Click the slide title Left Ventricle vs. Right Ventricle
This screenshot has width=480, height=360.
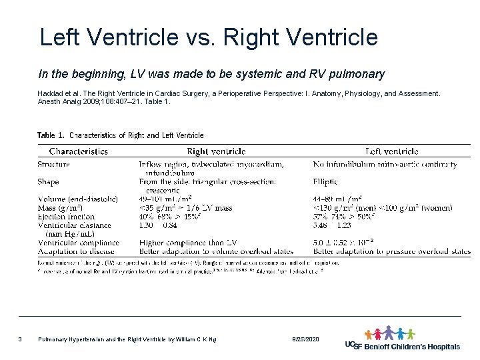[209, 37]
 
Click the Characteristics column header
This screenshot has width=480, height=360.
[78, 151]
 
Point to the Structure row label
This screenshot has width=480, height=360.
[53, 164]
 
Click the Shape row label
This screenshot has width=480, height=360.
[48, 181]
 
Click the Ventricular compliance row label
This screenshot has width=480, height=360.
[78, 243]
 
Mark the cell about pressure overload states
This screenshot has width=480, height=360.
[391, 251]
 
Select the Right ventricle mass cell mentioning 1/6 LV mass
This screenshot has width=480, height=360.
[185, 208]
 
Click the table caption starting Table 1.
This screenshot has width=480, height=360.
[120, 135]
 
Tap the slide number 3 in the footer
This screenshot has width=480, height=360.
[21, 340]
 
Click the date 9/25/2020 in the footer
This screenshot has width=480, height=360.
[306, 340]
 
